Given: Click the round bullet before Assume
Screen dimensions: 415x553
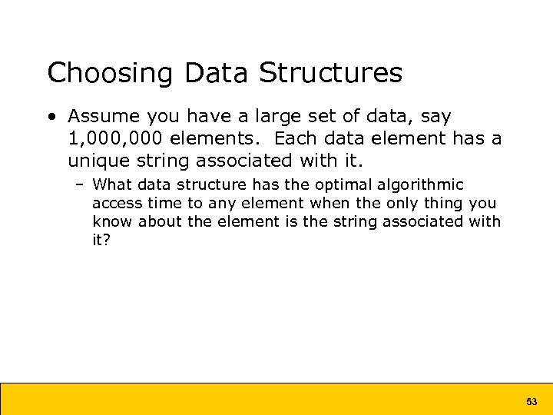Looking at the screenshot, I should (x=51, y=117).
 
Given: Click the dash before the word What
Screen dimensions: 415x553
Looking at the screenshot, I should (x=81, y=185).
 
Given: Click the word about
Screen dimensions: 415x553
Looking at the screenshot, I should (x=161, y=222).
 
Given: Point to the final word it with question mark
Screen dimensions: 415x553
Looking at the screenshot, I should (x=101, y=241).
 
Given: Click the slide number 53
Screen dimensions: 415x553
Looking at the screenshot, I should (x=531, y=402).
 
